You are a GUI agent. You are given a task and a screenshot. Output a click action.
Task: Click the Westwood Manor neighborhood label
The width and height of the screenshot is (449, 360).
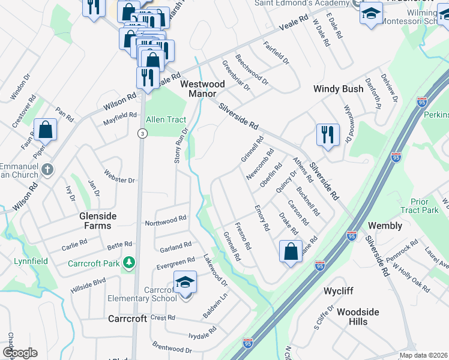(202, 89)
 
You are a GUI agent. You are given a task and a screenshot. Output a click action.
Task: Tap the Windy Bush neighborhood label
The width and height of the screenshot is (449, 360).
(338, 89)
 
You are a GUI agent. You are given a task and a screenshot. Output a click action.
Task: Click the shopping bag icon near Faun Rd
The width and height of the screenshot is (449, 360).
(45, 128)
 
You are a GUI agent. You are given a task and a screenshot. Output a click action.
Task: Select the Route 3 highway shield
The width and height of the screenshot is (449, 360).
(142, 133)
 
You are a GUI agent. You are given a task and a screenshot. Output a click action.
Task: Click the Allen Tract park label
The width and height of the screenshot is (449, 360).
(166, 119)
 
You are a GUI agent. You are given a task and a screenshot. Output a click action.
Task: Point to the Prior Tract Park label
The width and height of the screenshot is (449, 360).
(424, 206)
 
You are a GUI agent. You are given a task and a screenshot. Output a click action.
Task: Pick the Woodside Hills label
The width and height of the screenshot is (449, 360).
(358, 317)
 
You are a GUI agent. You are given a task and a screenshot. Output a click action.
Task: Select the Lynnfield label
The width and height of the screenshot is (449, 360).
(30, 261)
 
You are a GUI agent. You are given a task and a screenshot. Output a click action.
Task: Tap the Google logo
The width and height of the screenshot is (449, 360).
(20, 353)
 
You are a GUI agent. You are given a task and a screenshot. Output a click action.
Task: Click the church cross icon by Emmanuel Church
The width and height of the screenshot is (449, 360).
(47, 170)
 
